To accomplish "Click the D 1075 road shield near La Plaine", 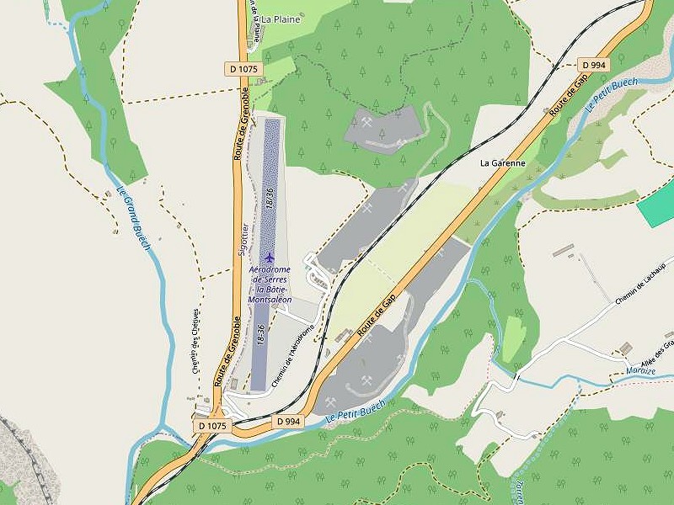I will pos(244,68).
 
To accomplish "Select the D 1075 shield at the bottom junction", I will pos(212,426).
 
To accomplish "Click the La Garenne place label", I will pos(502,162).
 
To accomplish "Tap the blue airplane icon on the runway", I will pos(270,257).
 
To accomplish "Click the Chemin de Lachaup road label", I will pos(640,283).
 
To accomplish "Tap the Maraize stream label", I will pos(641,371).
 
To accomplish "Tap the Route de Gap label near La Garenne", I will pos(568,94).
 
